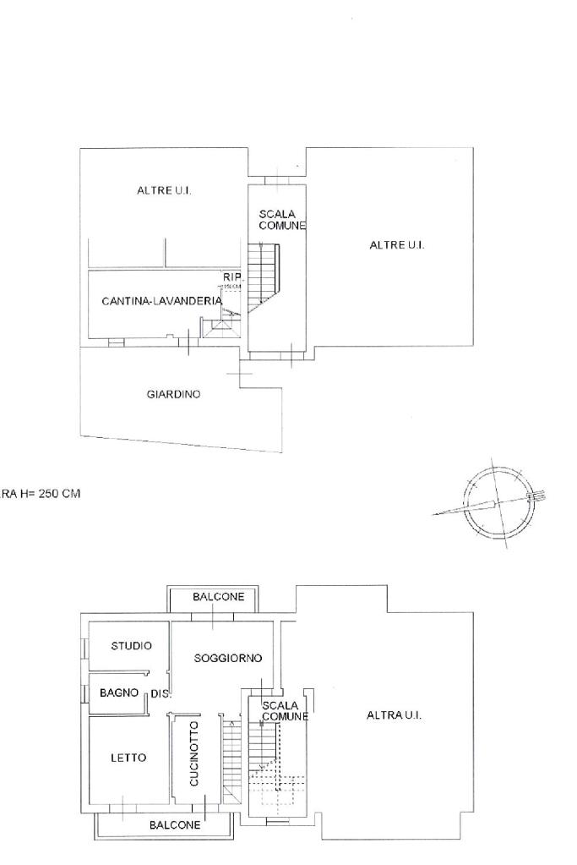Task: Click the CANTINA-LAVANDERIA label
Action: (161, 301)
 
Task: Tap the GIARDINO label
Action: (173, 394)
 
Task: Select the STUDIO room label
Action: (132, 646)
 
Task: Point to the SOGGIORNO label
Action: (228, 658)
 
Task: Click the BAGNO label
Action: (119, 693)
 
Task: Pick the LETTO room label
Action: (128, 758)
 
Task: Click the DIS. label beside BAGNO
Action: (161, 694)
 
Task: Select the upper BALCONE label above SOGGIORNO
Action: (218, 597)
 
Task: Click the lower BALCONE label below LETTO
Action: (175, 824)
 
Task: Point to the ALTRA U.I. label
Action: (394, 715)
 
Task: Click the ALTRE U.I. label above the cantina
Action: (164, 191)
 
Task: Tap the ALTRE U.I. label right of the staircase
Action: (396, 245)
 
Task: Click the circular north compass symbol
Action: (497, 501)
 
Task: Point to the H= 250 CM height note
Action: (42, 494)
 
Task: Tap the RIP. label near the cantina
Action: (232, 277)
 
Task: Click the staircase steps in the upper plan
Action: (264, 275)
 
